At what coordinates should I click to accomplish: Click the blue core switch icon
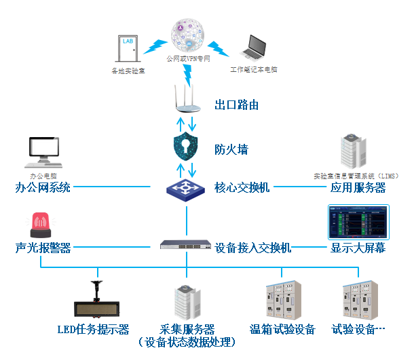(x=186, y=187)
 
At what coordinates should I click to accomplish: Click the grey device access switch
(x=186, y=246)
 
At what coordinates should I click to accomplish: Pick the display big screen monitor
(x=358, y=221)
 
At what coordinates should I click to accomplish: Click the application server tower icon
(x=353, y=153)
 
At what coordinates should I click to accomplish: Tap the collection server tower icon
(x=186, y=301)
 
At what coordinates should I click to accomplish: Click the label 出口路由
(x=236, y=105)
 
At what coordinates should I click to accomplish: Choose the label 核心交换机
(x=242, y=187)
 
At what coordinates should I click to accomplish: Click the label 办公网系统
(x=43, y=187)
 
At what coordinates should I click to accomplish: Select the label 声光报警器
(x=43, y=248)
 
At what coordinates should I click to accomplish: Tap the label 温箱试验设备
(x=282, y=330)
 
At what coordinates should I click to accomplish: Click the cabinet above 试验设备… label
(x=358, y=298)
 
